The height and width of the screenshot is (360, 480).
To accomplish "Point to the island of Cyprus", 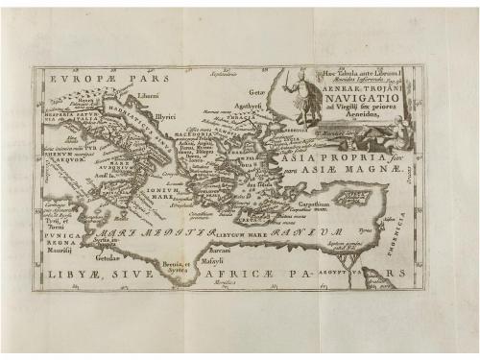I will tap(352, 198).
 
